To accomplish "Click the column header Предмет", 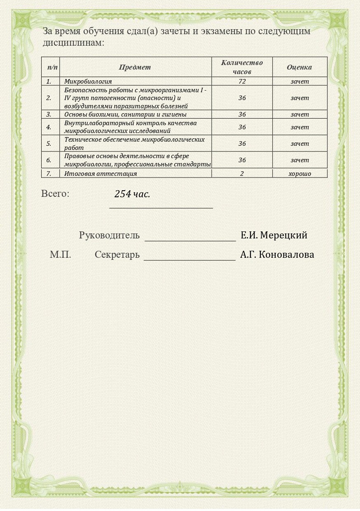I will click(x=135, y=67).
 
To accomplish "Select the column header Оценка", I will click(x=299, y=67).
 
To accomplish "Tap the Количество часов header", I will click(x=242, y=67).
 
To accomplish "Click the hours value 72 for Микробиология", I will click(x=242, y=82).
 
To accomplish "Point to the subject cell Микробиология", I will click(x=88, y=82).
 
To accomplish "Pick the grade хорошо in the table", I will click(x=299, y=174).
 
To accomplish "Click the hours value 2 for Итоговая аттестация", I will click(x=242, y=174).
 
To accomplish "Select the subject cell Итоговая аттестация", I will click(x=101, y=174).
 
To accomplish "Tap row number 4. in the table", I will click(x=49, y=127).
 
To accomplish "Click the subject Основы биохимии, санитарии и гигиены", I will click(x=125, y=114).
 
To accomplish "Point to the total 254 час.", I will click(x=132, y=194).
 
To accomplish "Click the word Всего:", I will click(x=55, y=194).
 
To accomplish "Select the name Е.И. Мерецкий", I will click(x=274, y=236).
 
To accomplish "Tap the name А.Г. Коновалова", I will click(x=277, y=255).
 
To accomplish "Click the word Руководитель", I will click(x=109, y=236).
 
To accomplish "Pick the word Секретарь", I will click(x=117, y=255).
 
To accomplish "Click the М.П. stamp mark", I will click(x=61, y=255).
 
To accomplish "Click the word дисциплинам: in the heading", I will click(x=73, y=42).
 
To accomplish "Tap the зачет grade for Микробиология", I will click(x=299, y=82).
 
